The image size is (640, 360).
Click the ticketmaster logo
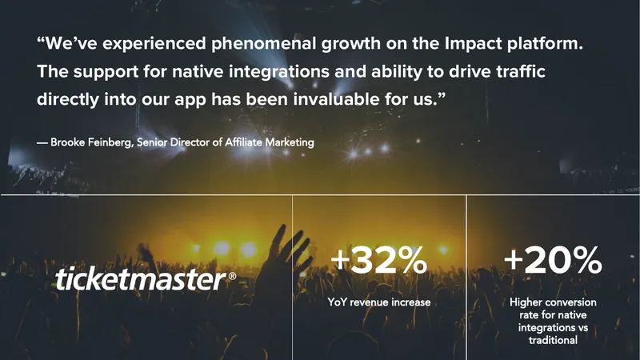click(146, 278)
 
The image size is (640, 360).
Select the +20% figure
click(553, 260)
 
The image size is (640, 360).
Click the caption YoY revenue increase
click(378, 302)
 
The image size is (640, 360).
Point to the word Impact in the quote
click(473, 43)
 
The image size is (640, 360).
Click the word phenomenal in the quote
click(264, 43)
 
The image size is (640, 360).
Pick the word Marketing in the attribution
click(290, 142)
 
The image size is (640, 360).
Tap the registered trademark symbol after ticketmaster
click(232, 276)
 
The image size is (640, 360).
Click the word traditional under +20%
click(553, 340)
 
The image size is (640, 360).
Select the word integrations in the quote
click(278, 72)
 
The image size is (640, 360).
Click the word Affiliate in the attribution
click(243, 142)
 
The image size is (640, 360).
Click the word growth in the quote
click(351, 44)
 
